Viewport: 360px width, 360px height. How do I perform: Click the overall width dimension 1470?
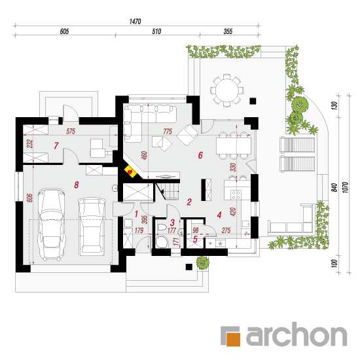point(135,22)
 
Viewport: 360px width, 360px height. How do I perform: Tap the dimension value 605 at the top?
point(64,31)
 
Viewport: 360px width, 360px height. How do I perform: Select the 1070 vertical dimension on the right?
point(345,187)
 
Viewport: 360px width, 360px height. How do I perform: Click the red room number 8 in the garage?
point(77,185)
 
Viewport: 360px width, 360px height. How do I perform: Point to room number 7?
point(56,145)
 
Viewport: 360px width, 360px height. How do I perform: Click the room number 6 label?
point(200,155)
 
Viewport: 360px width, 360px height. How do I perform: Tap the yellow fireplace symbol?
point(130,171)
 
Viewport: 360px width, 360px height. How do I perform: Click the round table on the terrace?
point(227,90)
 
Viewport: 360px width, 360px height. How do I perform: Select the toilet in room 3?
point(162,227)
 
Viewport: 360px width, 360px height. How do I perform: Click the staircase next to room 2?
point(168,191)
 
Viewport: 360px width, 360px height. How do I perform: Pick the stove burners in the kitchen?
point(236,194)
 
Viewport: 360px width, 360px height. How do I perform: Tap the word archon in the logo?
point(297,334)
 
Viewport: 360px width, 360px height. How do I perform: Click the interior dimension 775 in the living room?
point(168,132)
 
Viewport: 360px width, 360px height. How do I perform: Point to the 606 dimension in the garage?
point(29,198)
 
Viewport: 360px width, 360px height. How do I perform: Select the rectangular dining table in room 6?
point(233,146)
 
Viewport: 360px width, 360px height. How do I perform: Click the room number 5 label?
point(195,239)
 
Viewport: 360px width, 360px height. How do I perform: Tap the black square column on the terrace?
point(253,101)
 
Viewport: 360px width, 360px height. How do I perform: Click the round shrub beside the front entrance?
point(202,262)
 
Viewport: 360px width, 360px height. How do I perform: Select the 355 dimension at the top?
point(228,31)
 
